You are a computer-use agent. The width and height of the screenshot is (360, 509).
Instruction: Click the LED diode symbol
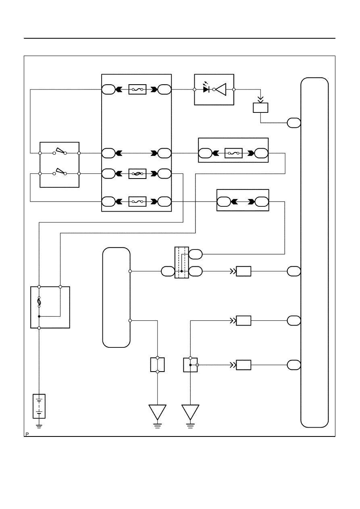206,89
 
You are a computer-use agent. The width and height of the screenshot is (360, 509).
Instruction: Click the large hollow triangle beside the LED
221,89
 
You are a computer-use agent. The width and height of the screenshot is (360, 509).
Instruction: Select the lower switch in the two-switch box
60,172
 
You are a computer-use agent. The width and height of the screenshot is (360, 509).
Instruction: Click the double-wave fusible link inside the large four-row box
137,174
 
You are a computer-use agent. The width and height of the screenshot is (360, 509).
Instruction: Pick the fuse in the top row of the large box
137,89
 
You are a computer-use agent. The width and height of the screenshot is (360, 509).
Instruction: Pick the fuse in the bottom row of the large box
137,202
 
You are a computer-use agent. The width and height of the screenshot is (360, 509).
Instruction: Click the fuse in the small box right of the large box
233,153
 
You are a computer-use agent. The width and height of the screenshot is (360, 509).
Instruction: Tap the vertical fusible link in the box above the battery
39,302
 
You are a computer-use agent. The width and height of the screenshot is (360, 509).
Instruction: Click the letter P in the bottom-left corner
27,434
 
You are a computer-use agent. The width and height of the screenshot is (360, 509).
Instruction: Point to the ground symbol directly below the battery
39,426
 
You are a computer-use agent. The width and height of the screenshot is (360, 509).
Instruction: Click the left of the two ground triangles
157,412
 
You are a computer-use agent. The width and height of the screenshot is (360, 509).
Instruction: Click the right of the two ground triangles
190,412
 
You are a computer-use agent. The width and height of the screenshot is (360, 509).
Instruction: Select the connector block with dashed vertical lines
181,262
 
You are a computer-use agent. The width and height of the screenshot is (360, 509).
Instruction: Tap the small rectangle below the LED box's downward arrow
260,108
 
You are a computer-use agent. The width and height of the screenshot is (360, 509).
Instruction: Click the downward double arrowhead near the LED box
260,99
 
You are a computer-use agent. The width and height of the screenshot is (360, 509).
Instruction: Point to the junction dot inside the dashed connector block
181,271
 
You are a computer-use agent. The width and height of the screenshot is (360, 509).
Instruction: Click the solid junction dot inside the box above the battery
39,316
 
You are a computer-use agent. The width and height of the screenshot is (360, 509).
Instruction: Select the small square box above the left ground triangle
157,365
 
